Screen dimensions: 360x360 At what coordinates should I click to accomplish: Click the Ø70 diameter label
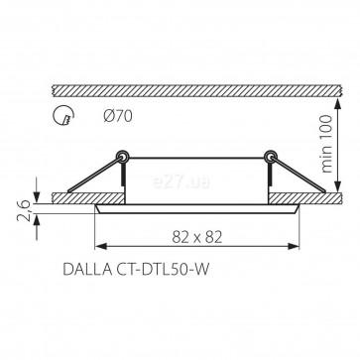pos(118,116)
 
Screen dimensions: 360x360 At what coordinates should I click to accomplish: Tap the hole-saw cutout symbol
pos(63,116)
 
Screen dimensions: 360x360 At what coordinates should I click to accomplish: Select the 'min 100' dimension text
pos(327,144)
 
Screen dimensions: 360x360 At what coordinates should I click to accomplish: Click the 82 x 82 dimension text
pos(196,237)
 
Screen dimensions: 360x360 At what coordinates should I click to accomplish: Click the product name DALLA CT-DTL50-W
pos(136,270)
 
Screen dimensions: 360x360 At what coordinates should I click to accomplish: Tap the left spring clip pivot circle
pos(122,156)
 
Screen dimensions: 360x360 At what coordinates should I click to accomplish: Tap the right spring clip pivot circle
pos(271,156)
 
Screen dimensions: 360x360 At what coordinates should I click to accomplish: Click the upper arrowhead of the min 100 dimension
pos(338,104)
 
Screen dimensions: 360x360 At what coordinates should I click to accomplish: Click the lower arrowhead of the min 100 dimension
pos(338,186)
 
